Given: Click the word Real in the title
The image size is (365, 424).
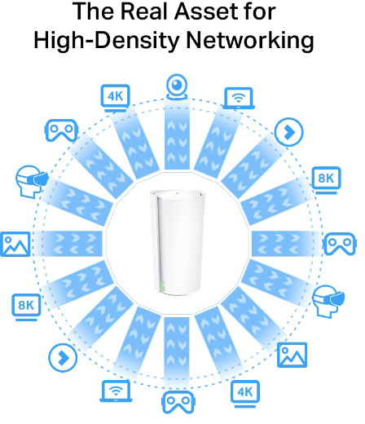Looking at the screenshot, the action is pyautogui.click(x=144, y=11).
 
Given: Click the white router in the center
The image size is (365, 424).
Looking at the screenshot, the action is pyautogui.click(x=177, y=242).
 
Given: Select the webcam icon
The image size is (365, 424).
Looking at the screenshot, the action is pyautogui.click(x=177, y=87).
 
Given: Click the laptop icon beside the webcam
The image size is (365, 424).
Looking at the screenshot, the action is pyautogui.click(x=239, y=99).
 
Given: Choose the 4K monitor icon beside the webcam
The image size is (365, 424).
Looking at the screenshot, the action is pyautogui.click(x=116, y=99).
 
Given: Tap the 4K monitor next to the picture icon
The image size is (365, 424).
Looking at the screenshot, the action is pyautogui.click(x=245, y=394).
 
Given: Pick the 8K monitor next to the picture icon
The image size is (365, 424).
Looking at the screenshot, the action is pyautogui.click(x=26, y=307).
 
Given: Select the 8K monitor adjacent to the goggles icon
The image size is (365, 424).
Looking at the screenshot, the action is pyautogui.click(x=326, y=180).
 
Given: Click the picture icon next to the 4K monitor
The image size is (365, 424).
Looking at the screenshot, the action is pyautogui.click(x=292, y=355).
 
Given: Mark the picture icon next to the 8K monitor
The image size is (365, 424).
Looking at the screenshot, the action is pyautogui.click(x=15, y=244).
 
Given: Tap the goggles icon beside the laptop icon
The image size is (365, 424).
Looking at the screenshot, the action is pyautogui.click(x=178, y=402).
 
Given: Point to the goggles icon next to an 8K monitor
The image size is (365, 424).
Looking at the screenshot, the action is pyautogui.click(x=340, y=244).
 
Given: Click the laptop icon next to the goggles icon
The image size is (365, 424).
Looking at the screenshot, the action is pyautogui.click(x=116, y=391).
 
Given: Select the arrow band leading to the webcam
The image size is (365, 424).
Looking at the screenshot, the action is pyautogui.click(x=177, y=135).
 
